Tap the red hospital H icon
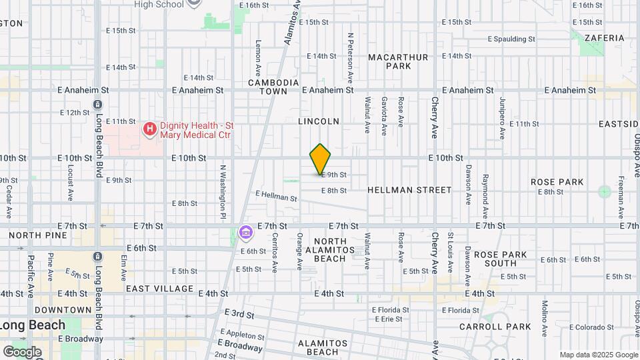150,128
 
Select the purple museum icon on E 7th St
245,233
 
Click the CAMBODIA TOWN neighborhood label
273,87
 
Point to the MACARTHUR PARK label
398,62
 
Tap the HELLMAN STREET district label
409,190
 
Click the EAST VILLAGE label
160,289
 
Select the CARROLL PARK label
495,327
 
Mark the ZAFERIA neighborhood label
605,38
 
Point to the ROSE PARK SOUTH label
501,259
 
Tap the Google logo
22,351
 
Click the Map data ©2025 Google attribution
598,355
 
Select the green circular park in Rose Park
604,192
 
